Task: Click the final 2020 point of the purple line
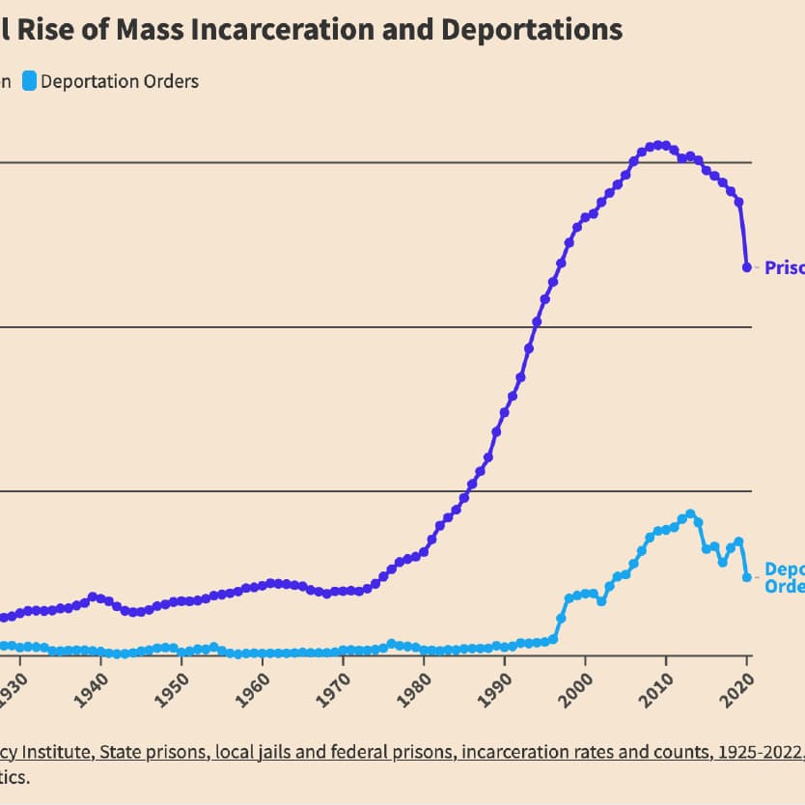click(x=746, y=267)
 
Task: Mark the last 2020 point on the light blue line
click(x=746, y=577)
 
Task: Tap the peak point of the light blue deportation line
click(x=690, y=514)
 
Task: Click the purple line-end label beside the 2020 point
click(x=785, y=267)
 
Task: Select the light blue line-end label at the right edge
click(x=785, y=577)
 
